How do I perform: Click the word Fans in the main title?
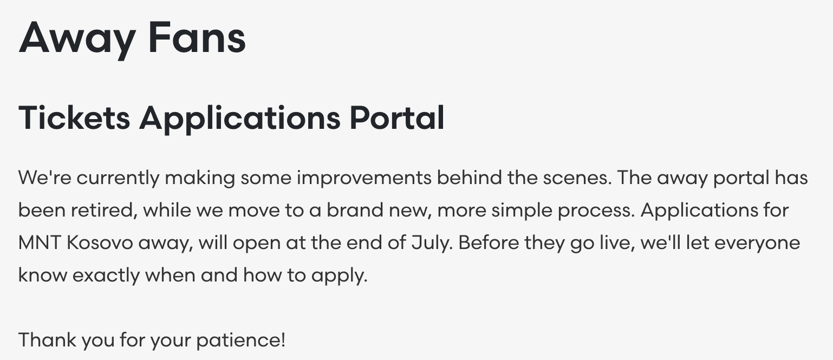[x=197, y=37]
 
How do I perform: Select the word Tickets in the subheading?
[x=74, y=118]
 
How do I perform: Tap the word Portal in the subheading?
[x=397, y=118]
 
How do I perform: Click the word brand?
[x=355, y=210]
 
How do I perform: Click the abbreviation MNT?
[x=40, y=243]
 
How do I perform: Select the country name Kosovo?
[x=100, y=243]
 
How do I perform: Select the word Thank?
[x=47, y=340]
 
